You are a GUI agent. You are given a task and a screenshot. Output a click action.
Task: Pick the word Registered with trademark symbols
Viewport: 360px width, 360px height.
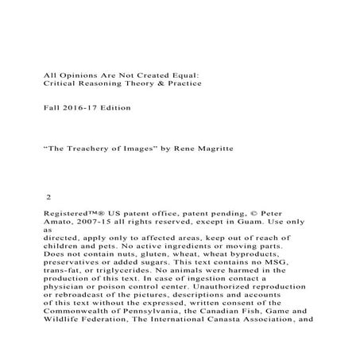point(77,214)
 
